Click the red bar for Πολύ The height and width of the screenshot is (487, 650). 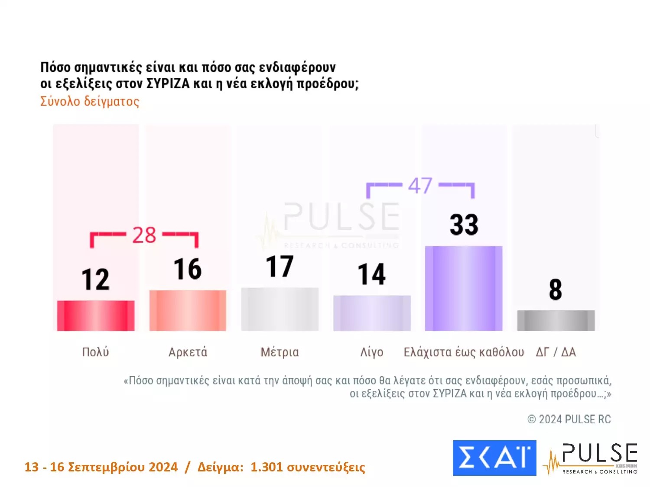tap(96, 316)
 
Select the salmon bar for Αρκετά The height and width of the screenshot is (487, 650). tap(188, 310)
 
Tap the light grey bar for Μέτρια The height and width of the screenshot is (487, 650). tap(279, 309)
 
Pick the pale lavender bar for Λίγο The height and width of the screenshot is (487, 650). tap(372, 313)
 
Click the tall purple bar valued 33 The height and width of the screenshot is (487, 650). tap(464, 288)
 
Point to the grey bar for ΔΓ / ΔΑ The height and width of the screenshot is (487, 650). tap(556, 320)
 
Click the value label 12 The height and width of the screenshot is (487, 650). tap(96, 279)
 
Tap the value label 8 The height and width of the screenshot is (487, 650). tap(556, 290)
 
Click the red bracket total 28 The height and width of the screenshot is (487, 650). tap(144, 235)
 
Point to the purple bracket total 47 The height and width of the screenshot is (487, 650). tap(420, 186)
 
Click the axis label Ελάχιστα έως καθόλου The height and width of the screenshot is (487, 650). tap(464, 352)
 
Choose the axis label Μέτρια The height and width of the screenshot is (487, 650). tap(279, 352)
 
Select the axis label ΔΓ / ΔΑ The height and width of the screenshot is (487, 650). tap(556, 352)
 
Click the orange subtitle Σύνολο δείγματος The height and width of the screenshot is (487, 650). tap(90, 101)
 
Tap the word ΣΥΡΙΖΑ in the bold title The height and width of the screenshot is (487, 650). tap(168, 83)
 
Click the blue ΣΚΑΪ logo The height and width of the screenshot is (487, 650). tap(494, 458)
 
